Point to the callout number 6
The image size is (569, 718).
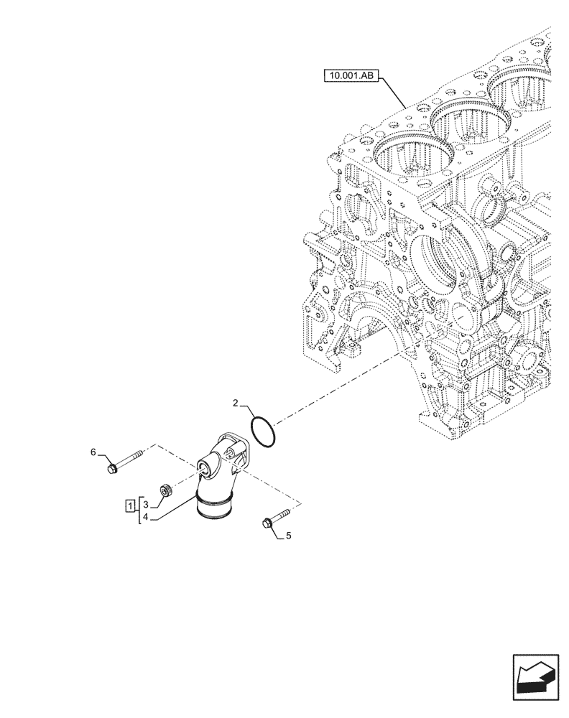coord(93,452)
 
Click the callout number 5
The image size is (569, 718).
coord(288,536)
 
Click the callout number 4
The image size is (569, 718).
coord(146,516)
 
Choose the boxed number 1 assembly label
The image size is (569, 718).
coord(130,505)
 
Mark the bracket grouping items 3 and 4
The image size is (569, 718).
coord(139,510)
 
